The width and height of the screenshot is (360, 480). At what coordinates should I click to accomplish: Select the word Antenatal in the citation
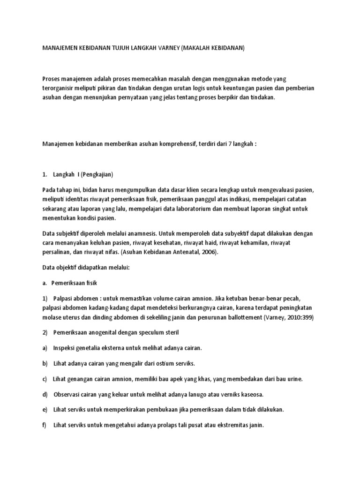pyautogui.click(x=184, y=252)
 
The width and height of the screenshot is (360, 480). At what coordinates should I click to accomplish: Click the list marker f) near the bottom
pyautogui.click(x=45, y=425)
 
